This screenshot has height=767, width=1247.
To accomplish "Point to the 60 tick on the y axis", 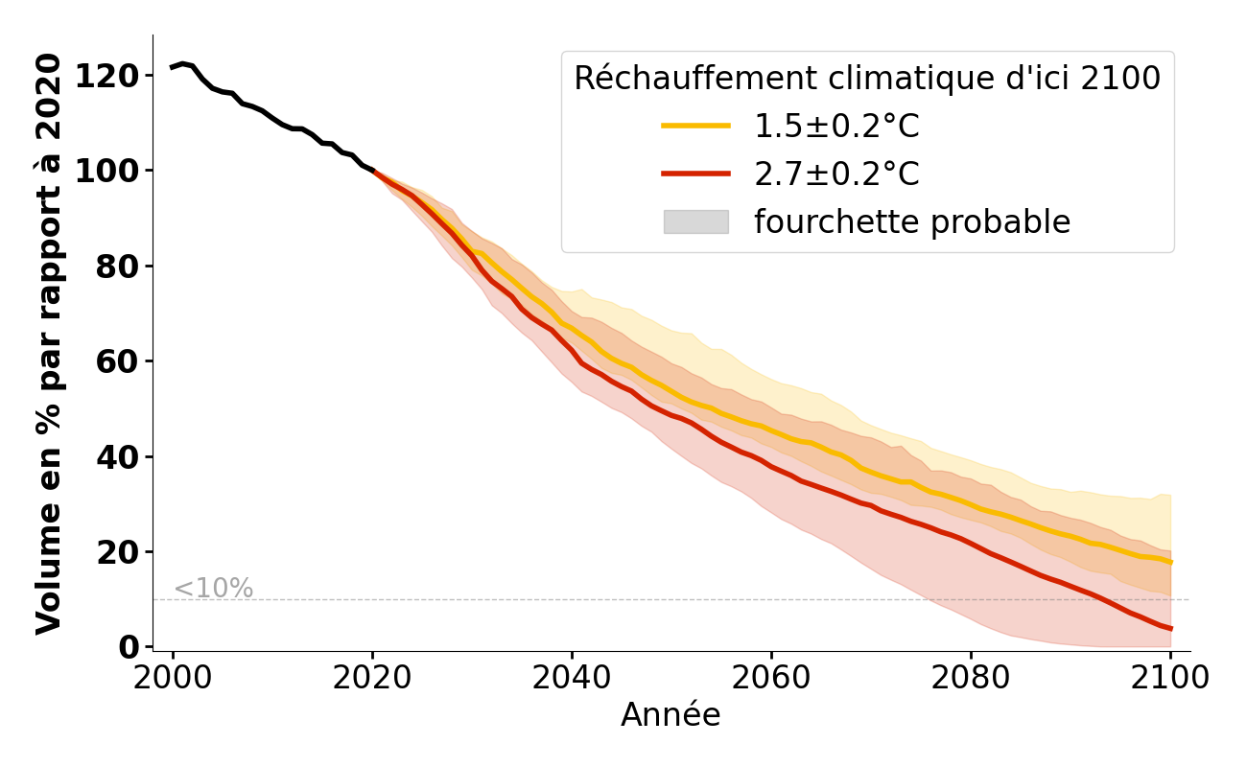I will point(118,361).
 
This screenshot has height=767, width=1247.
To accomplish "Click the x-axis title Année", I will point(671,715).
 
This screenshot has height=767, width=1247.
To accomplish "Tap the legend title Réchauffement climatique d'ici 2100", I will point(867,79).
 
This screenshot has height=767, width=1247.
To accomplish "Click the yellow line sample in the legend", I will point(695,126).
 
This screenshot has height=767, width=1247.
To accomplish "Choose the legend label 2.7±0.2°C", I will point(836,174).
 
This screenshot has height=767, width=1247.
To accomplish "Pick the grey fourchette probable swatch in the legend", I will point(695,221).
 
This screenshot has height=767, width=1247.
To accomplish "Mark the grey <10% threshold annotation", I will point(213,589).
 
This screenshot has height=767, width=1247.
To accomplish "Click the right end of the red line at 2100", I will point(1170,629).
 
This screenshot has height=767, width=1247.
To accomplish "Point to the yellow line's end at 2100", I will point(1170,562).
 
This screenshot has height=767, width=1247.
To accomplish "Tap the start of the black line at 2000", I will point(173,67).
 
